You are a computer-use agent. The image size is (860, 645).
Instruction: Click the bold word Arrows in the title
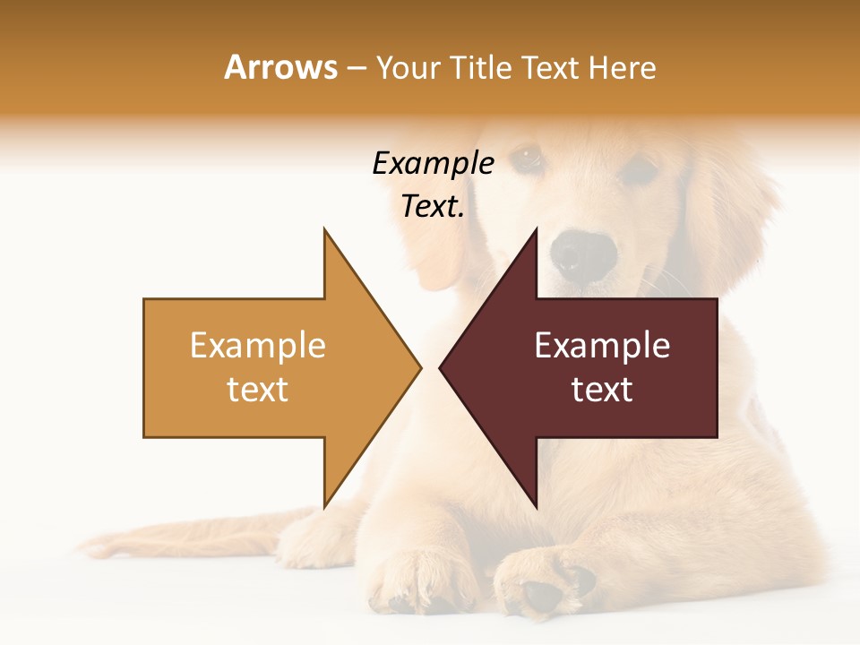click(x=280, y=67)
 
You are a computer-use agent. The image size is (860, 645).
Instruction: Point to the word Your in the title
click(x=407, y=67)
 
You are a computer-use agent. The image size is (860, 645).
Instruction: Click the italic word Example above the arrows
click(x=433, y=163)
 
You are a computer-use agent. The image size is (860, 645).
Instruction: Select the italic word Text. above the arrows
click(x=433, y=206)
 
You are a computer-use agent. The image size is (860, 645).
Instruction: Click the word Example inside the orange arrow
click(x=258, y=345)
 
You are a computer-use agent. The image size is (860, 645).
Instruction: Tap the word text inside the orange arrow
click(x=258, y=389)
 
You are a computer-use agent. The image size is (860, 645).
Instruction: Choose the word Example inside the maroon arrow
click(x=602, y=345)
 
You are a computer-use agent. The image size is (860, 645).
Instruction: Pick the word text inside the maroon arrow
click(x=602, y=389)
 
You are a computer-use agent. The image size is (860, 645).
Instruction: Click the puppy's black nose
click(x=582, y=254)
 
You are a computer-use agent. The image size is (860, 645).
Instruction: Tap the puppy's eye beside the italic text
click(x=527, y=159)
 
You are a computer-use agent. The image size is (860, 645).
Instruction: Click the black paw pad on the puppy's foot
click(x=542, y=594)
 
